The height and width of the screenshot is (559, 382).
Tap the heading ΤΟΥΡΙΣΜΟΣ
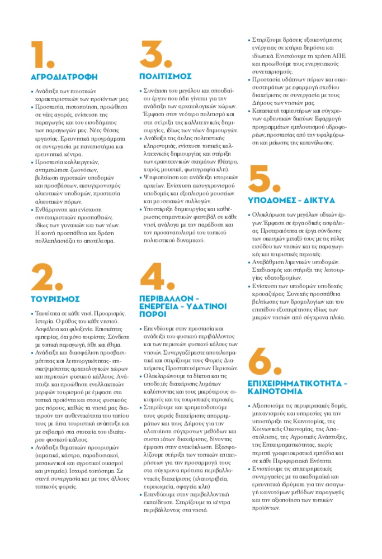tap(55, 299)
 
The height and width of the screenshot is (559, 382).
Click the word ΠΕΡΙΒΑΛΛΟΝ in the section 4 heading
tap(165, 299)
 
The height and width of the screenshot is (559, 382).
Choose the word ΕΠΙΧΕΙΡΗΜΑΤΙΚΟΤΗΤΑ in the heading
tap(294, 384)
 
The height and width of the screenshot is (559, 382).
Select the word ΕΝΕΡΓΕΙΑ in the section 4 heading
tap(161, 307)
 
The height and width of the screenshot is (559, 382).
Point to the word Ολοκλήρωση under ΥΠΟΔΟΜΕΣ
tap(273, 214)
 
